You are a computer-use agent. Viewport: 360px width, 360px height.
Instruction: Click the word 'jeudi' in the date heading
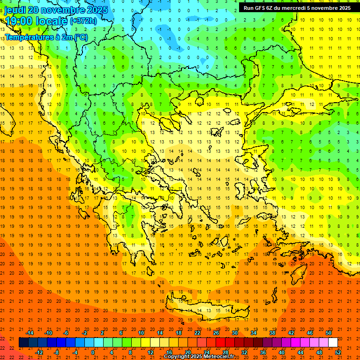click(15, 10)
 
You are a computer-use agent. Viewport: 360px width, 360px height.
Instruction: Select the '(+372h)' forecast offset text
click(83, 21)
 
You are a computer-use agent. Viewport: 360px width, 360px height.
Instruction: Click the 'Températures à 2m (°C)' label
click(46, 37)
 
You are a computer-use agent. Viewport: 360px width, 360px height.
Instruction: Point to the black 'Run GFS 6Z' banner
click(297, 8)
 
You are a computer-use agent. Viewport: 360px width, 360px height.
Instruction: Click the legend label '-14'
click(30, 333)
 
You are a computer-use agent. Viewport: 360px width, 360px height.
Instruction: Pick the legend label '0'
click(93, 352)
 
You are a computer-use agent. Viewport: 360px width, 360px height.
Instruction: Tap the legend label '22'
click(197, 333)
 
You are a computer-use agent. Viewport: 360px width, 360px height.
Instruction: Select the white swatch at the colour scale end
click(333, 343)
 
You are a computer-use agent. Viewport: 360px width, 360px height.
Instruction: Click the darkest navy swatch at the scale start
click(23, 343)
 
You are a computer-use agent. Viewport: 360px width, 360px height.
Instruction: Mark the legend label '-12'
click(39, 352)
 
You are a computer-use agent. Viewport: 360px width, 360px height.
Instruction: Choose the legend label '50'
click(329, 333)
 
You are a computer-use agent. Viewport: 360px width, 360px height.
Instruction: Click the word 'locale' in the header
click(52, 21)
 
